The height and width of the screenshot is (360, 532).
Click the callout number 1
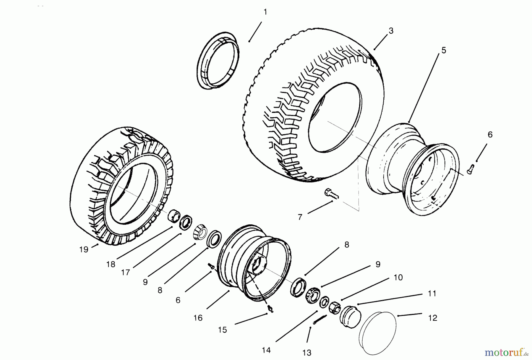(x=265, y=12)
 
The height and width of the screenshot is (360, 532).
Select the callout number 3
(x=391, y=31)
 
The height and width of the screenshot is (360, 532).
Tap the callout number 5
(x=444, y=50)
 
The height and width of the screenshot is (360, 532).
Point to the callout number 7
(x=300, y=217)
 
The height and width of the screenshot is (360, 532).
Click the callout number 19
(x=84, y=249)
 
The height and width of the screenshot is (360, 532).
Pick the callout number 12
(x=432, y=318)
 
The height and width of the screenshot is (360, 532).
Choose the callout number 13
(x=307, y=353)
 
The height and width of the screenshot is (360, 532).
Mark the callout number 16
(x=198, y=318)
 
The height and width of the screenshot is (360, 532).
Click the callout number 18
(x=111, y=264)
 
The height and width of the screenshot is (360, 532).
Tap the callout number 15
(x=222, y=330)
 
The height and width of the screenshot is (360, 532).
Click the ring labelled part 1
(x=218, y=61)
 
